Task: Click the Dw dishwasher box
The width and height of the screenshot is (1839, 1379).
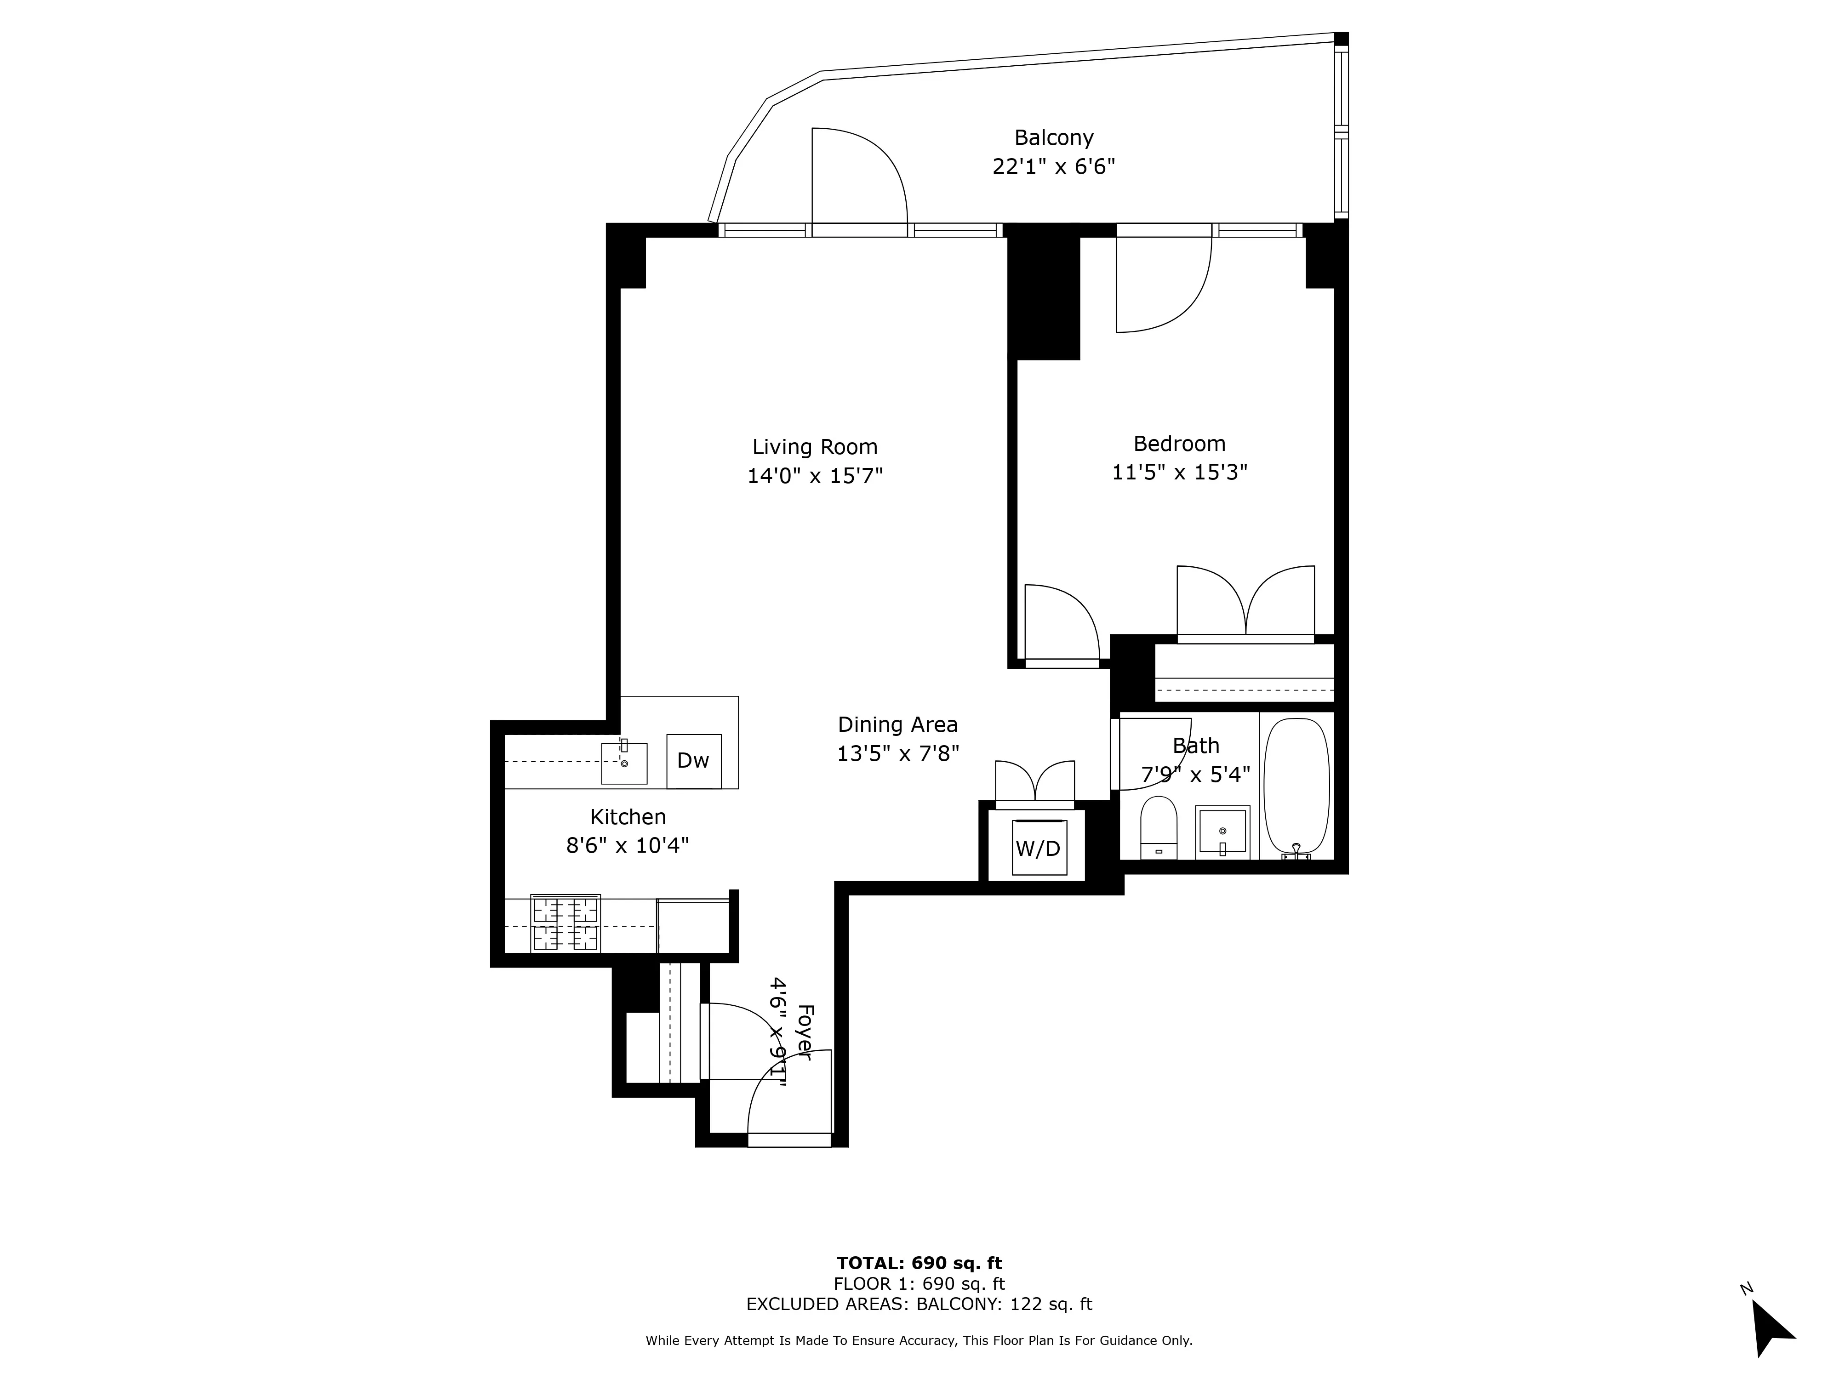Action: pyautogui.click(x=693, y=761)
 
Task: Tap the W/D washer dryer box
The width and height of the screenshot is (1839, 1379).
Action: pyautogui.click(x=1039, y=848)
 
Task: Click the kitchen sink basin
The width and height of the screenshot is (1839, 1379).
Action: pyautogui.click(x=623, y=763)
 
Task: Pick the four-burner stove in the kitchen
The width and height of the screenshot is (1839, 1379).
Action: pyautogui.click(x=565, y=923)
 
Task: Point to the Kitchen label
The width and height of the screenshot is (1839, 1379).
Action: pyautogui.click(x=628, y=817)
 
